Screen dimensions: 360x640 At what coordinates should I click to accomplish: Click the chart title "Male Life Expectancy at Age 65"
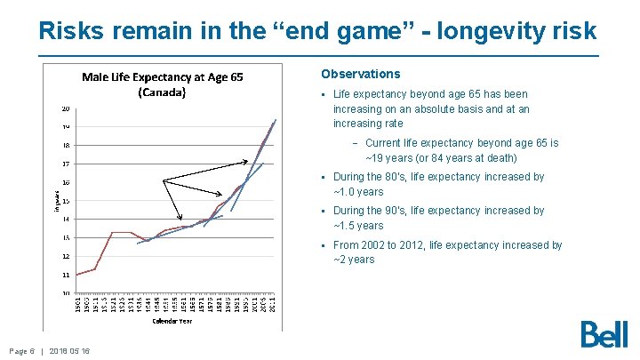click(161, 77)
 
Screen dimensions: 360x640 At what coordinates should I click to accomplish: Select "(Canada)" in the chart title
click(161, 92)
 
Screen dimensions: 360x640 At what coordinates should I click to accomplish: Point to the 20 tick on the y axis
click(66, 108)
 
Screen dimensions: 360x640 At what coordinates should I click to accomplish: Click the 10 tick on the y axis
click(66, 293)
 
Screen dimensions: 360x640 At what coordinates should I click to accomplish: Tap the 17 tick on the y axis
click(66, 164)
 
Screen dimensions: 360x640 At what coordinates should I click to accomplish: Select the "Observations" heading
click(360, 74)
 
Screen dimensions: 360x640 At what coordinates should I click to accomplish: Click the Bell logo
click(604, 334)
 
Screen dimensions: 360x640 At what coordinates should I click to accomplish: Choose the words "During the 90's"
click(370, 211)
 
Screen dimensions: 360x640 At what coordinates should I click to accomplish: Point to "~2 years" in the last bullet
click(354, 260)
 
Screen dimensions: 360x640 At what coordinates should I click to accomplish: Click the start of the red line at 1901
click(77, 275)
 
